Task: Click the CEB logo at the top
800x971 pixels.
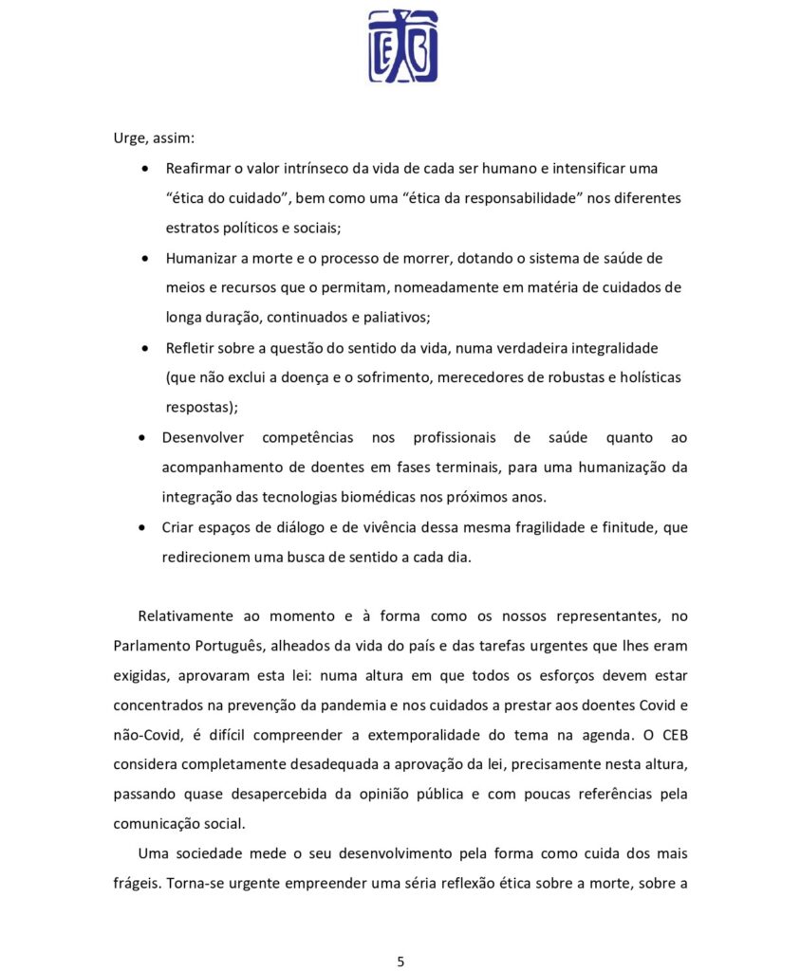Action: tap(402, 46)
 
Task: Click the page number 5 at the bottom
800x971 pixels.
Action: tap(400, 961)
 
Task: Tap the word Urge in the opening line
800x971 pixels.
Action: tap(129, 137)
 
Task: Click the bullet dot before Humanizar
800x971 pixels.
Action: tap(144, 258)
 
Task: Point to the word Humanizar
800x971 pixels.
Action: tap(199, 258)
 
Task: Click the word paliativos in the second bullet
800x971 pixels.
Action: tap(411, 317)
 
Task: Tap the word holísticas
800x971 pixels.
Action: tap(649, 377)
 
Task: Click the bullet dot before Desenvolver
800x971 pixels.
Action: tap(142, 438)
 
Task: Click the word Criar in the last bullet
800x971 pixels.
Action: tap(178, 527)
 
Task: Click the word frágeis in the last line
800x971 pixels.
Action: tap(137, 884)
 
